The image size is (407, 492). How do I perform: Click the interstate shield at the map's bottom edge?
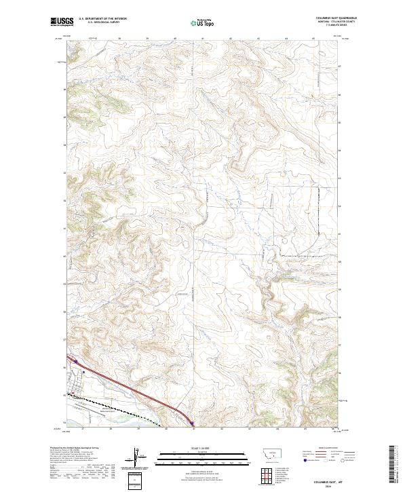(x=192, y=425)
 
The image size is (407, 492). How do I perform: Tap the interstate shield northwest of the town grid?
(x=77, y=362)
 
